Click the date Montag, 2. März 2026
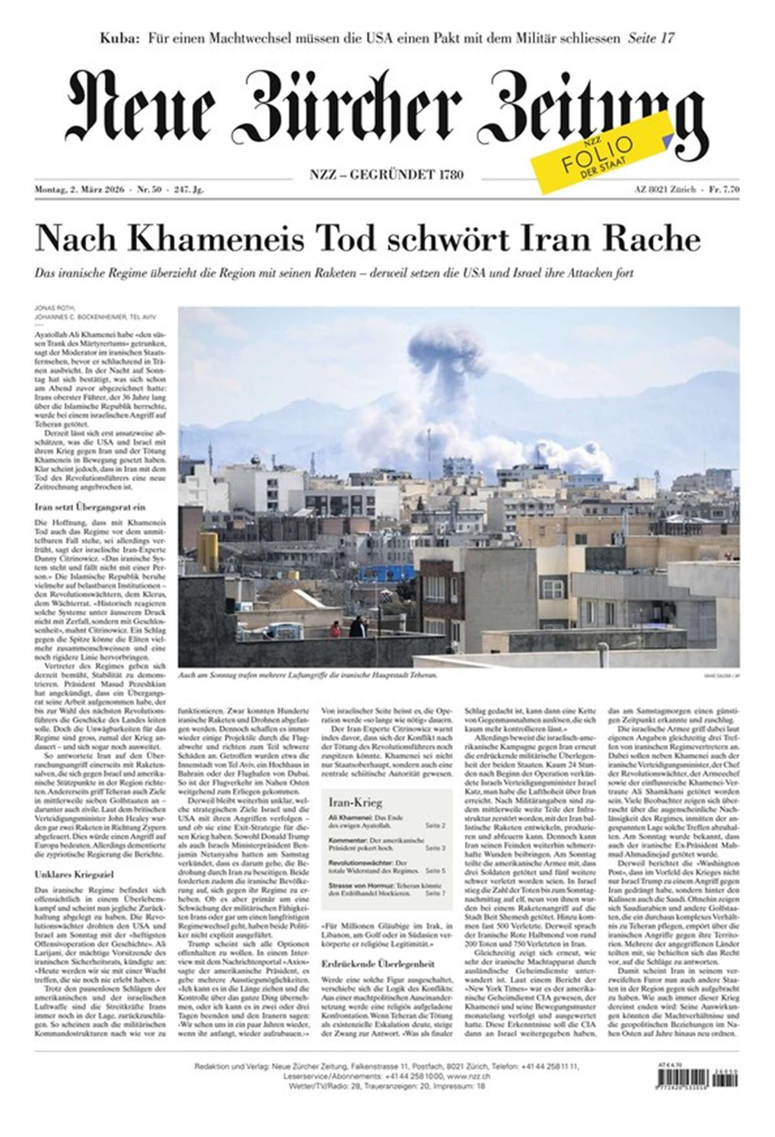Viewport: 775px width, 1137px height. pos(79,190)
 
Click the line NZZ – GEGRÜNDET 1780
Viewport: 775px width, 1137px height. pos(387,174)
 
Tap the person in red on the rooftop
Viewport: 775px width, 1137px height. pos(335,629)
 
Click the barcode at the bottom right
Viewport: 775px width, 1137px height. pos(697,1098)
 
